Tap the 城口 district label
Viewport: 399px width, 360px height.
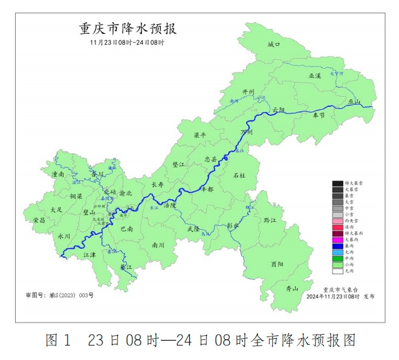[274, 44]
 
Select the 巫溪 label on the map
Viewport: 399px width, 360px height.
[315, 76]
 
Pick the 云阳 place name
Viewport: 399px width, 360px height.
[278, 110]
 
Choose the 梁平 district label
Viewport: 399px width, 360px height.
[199, 135]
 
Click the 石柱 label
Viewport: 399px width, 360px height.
[239, 175]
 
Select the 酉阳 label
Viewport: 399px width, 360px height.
[277, 264]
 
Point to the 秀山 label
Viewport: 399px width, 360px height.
[291, 289]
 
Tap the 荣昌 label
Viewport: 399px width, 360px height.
[39, 220]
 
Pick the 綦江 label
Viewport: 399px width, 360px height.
[126, 266]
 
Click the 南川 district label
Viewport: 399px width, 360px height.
[158, 245]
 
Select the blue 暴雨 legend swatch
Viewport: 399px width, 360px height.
[337, 246]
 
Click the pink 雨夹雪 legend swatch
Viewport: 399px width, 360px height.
[337, 221]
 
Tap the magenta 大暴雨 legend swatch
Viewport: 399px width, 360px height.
[337, 240]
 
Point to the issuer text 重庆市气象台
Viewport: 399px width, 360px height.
[341, 290]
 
